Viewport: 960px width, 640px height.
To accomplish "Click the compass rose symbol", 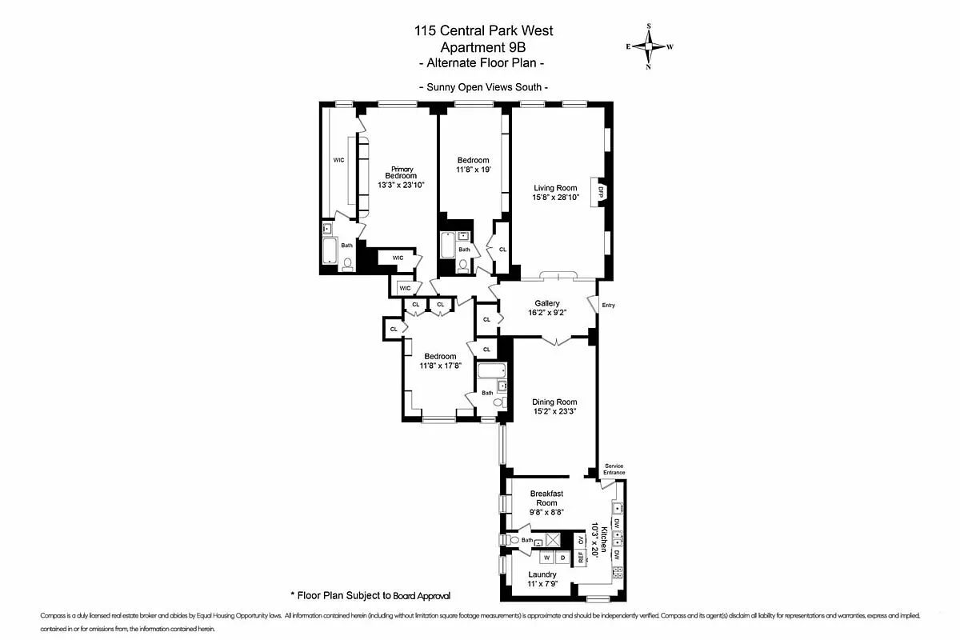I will click(x=649, y=46).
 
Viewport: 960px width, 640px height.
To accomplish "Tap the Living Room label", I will click(x=555, y=189).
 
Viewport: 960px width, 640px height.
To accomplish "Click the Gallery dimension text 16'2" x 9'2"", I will click(x=547, y=314).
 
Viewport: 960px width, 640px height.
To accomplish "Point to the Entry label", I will click(x=608, y=305).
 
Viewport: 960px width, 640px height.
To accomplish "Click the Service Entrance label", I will click(x=614, y=470).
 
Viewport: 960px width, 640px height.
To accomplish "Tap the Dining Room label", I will click(x=554, y=402).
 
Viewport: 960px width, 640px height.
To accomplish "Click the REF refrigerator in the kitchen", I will click(x=581, y=558).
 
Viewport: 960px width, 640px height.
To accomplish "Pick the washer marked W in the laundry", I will click(x=547, y=556).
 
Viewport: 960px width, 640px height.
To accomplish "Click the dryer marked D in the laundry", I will click(x=562, y=556).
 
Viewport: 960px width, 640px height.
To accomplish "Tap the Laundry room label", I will click(x=543, y=574).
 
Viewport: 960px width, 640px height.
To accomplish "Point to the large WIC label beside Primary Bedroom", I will click(x=338, y=160).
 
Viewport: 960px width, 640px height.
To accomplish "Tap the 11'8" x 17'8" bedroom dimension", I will click(x=440, y=366).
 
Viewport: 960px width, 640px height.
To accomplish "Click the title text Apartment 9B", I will click(x=483, y=47).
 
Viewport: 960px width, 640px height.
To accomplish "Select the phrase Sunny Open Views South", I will click(x=483, y=87).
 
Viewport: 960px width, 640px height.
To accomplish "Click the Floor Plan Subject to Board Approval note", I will click(x=370, y=595).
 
